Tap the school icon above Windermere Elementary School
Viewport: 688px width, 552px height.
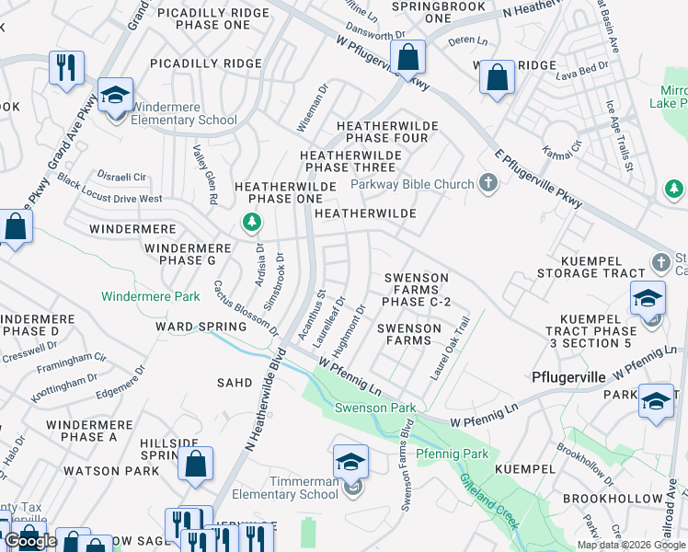(116, 96)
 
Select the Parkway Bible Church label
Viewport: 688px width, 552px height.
(412, 184)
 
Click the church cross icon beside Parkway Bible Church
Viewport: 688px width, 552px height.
(487, 184)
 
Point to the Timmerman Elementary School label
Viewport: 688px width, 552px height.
(304, 488)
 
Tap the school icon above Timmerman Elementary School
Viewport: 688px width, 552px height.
(350, 463)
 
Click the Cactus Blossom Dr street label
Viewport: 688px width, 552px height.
(246, 307)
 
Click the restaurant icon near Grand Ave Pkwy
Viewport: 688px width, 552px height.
(67, 68)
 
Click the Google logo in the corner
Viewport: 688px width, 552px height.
(30, 541)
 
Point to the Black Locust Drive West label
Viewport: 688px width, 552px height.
(109, 193)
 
